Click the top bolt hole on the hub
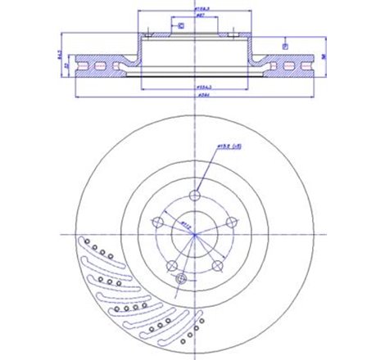coord(194,196)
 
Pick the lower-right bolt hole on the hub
coord(217,267)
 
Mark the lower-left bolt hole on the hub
coord(171,267)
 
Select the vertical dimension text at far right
coord(326,56)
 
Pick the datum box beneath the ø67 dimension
coord(181,27)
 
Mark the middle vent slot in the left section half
coord(101,64)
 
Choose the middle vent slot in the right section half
coord(288,64)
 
